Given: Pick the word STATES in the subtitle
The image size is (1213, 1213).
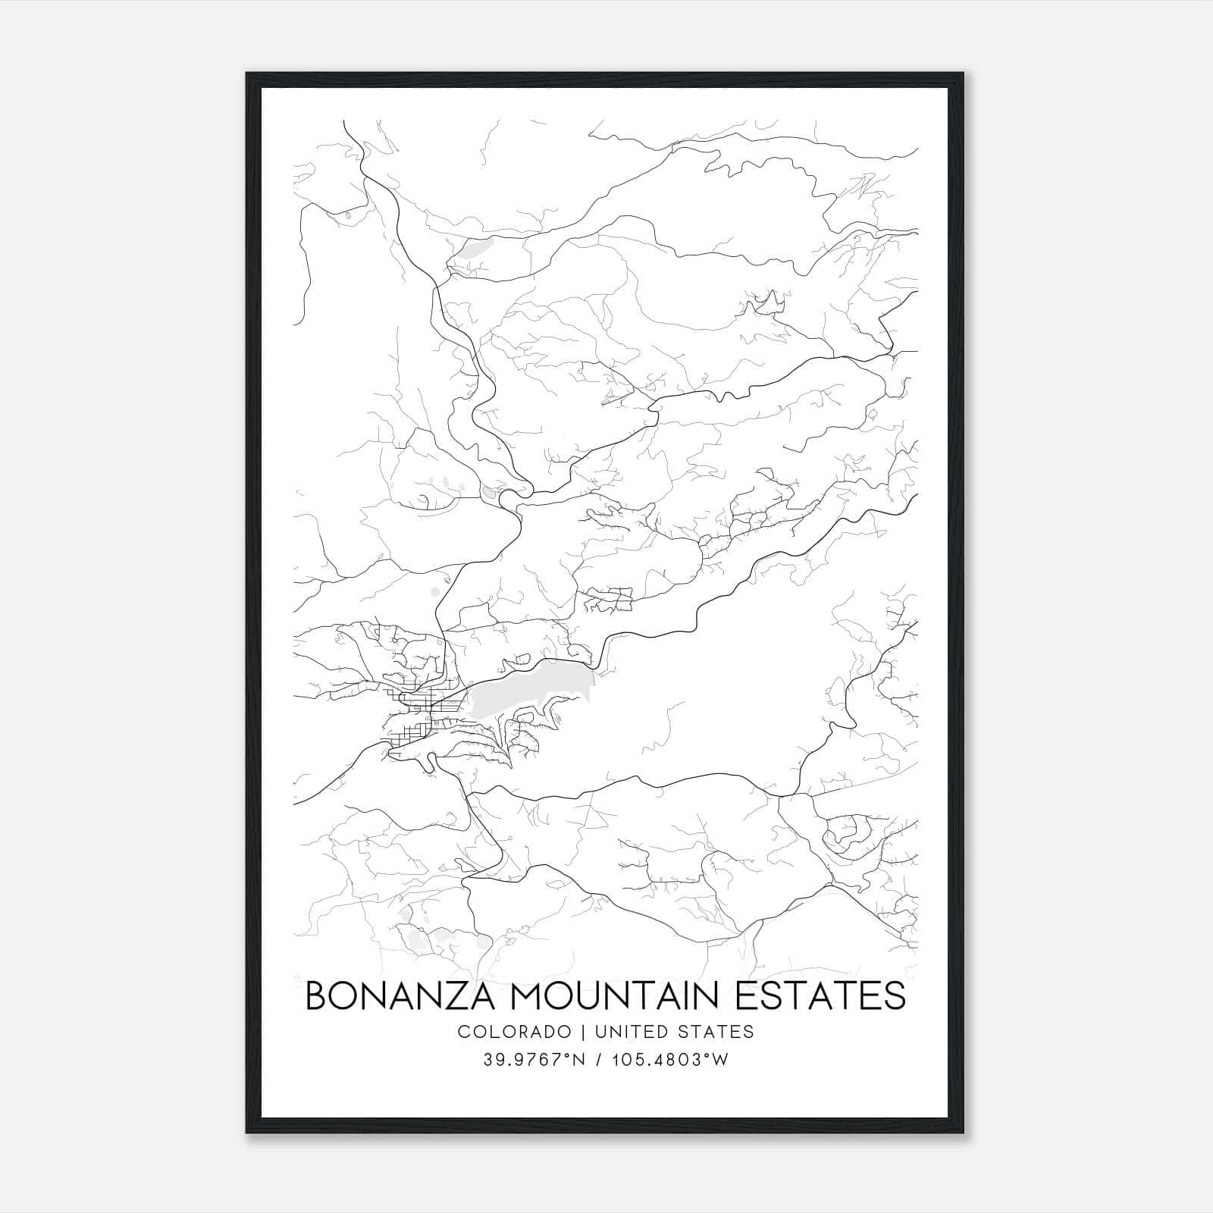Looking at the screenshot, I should click(717, 1031).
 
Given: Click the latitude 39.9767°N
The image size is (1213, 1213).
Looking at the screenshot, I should click(534, 1060).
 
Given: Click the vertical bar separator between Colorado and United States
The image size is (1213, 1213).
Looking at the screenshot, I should click(583, 1031).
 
